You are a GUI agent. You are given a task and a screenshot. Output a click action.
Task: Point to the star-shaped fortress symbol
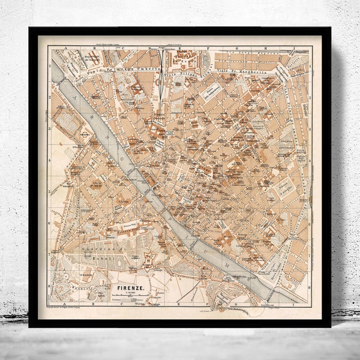pyautogui.click(x=147, y=259)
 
